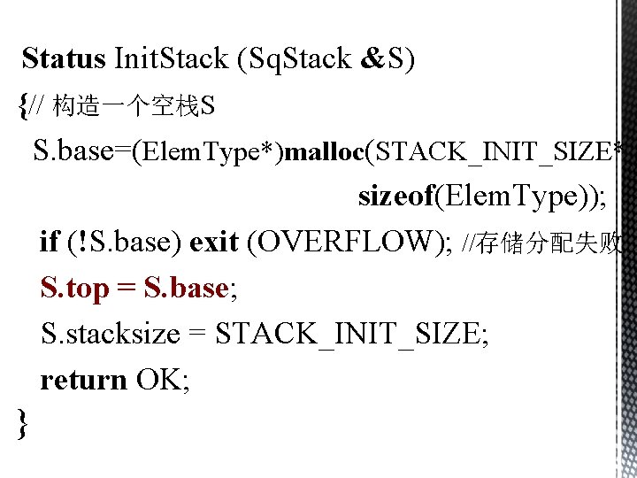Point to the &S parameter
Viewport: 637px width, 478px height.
point(388,59)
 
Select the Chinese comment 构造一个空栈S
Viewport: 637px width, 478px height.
point(134,108)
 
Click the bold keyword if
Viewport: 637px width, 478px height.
point(50,242)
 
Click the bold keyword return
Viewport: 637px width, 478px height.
point(84,381)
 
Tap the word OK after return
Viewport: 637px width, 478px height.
point(158,381)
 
